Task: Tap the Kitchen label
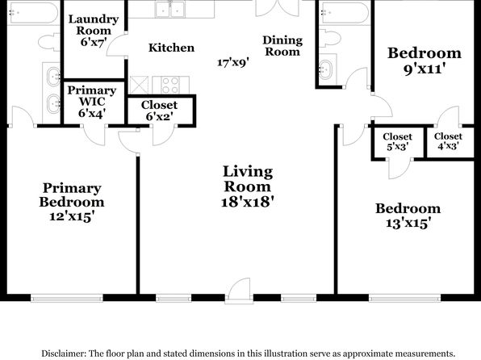pyautogui.click(x=171, y=48)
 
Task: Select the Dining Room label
pyautogui.click(x=282, y=46)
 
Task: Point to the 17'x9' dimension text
pyautogui.click(x=232, y=62)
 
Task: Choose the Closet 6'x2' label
pyautogui.click(x=159, y=111)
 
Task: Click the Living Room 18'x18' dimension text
pyautogui.click(x=247, y=202)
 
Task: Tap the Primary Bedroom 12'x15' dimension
pyautogui.click(x=72, y=216)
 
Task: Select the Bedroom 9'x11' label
pyautogui.click(x=425, y=61)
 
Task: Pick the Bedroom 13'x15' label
pyautogui.click(x=408, y=216)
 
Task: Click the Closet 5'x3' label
pyautogui.click(x=397, y=141)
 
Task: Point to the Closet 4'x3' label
pyautogui.click(x=448, y=141)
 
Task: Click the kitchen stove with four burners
pyautogui.click(x=170, y=85)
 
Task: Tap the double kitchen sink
pyautogui.click(x=169, y=9)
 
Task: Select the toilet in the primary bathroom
pyautogui.click(x=49, y=42)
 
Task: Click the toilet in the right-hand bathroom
pyautogui.click(x=330, y=38)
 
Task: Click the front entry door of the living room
pyautogui.click(x=239, y=291)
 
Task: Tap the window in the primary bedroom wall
pyautogui.click(x=66, y=298)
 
